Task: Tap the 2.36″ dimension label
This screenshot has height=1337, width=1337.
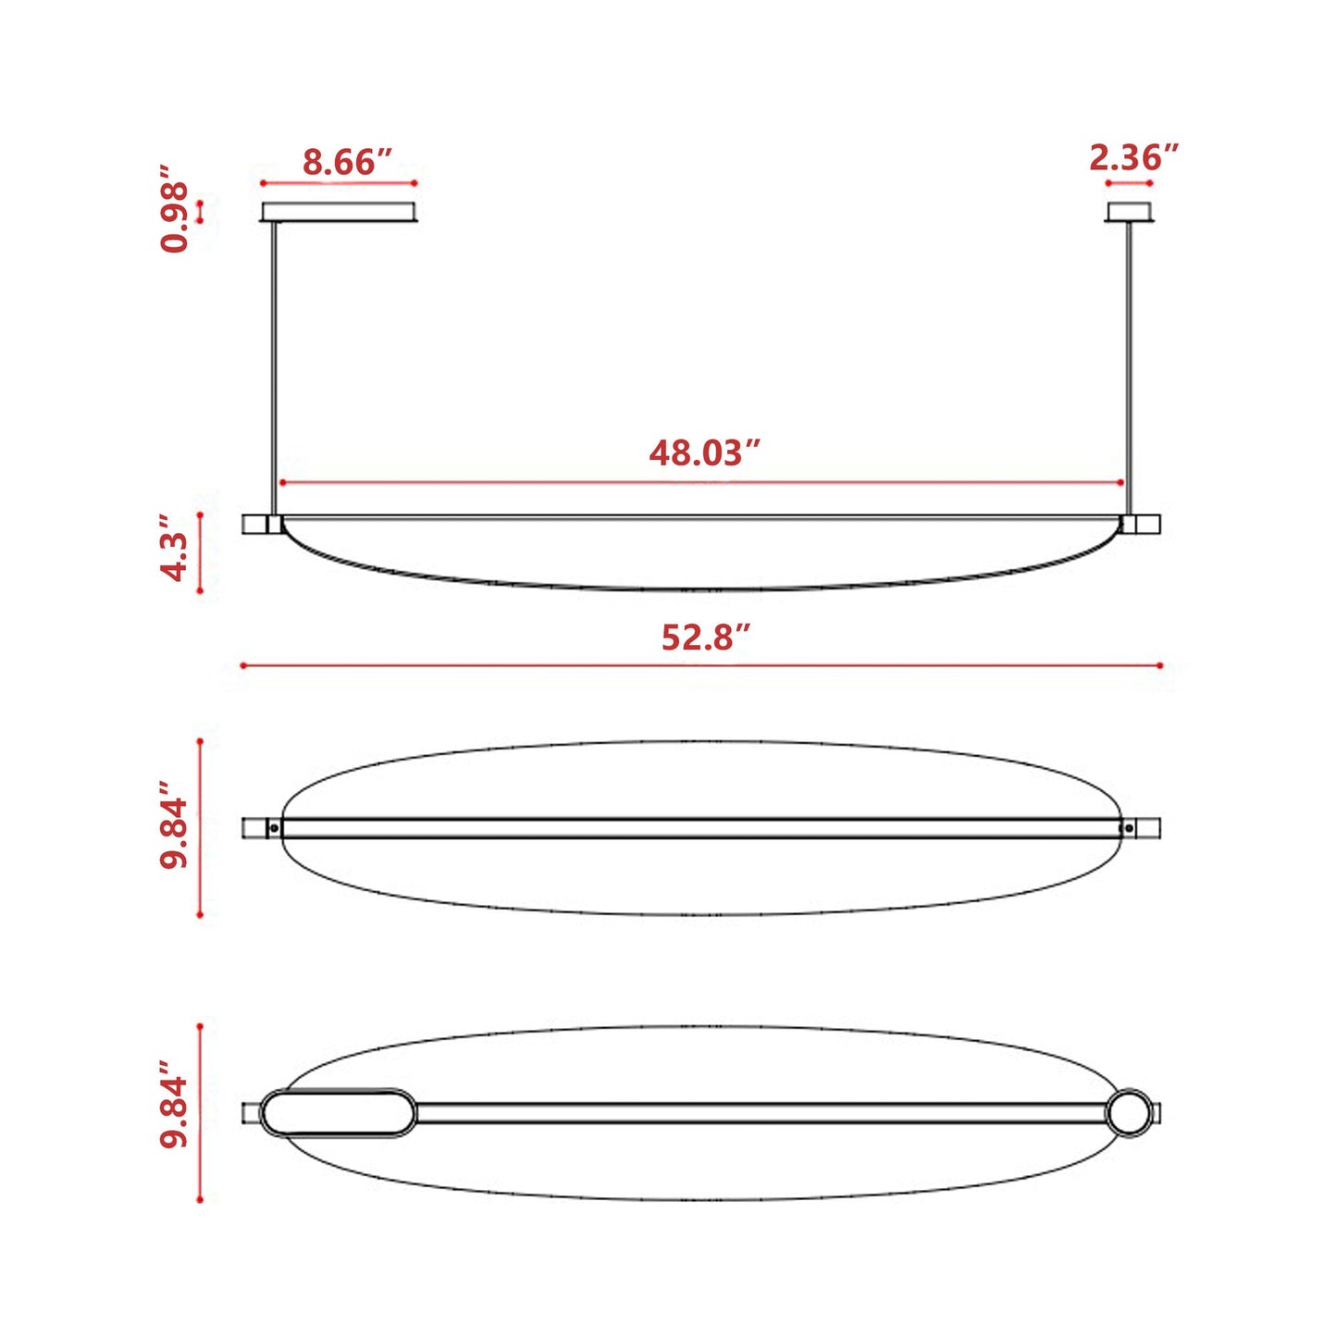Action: (1133, 158)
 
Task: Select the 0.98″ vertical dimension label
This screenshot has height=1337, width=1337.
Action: (175, 210)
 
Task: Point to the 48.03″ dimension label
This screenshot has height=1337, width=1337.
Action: (704, 453)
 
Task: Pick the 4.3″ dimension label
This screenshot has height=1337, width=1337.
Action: (175, 554)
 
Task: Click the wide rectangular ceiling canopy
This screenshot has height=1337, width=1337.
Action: (339, 212)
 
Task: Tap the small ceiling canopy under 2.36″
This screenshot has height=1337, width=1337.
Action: (1130, 212)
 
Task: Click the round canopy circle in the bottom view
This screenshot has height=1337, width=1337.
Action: (1130, 1113)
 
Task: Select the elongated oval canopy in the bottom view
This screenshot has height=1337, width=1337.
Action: (339, 1113)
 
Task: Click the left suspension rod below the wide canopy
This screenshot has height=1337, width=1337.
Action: (274, 370)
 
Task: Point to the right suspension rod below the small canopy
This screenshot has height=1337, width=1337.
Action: (1129, 370)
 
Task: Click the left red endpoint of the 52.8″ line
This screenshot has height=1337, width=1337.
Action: (242, 665)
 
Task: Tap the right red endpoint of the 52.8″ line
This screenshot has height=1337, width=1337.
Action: (1160, 665)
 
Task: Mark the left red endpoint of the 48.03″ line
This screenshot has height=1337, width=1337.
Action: (281, 483)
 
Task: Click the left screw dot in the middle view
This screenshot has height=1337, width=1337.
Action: (274, 828)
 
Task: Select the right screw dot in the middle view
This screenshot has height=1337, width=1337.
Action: (1128, 828)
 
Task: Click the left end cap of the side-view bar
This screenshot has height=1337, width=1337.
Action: (254, 525)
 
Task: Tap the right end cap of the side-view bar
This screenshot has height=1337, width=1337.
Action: (1148, 525)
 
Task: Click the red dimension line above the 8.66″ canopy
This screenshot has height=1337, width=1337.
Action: (339, 183)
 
